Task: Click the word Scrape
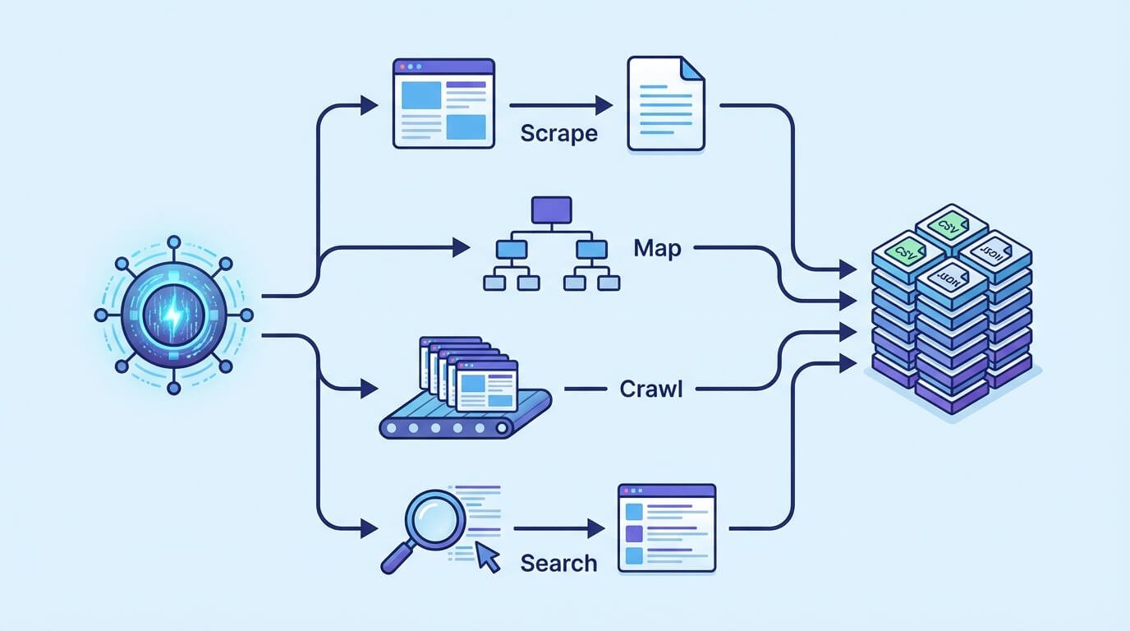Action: pos(558,134)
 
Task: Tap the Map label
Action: pos(658,247)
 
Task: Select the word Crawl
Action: pos(650,388)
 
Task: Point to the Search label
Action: pos(558,564)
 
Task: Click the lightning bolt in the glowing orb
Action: pos(173,315)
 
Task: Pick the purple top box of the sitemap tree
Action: pos(551,210)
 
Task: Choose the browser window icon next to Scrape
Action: pos(443,103)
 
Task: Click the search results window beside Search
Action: pos(666,527)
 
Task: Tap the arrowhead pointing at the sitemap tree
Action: pos(460,246)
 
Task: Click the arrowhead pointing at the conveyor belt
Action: pos(369,389)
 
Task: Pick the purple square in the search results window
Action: pos(633,533)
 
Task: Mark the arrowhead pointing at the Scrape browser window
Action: pos(369,105)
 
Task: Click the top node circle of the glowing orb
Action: pos(173,242)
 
